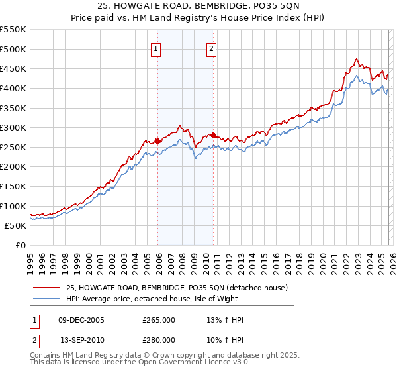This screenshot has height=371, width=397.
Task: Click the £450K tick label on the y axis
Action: (13, 68)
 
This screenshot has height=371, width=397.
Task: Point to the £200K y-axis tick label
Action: (13, 167)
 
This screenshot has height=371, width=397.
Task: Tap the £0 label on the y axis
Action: (21, 246)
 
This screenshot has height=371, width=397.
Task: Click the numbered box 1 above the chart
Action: (155, 48)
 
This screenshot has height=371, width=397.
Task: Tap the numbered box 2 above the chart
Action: (211, 48)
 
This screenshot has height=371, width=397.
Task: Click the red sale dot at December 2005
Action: (158, 141)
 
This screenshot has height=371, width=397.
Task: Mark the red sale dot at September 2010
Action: (214, 135)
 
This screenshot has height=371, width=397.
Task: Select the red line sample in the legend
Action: (47, 288)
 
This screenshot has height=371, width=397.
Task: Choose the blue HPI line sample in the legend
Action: (47, 299)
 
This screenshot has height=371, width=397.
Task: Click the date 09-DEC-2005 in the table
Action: (81, 320)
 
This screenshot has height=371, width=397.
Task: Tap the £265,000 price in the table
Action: (159, 320)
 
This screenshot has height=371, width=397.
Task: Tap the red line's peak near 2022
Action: (357, 59)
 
